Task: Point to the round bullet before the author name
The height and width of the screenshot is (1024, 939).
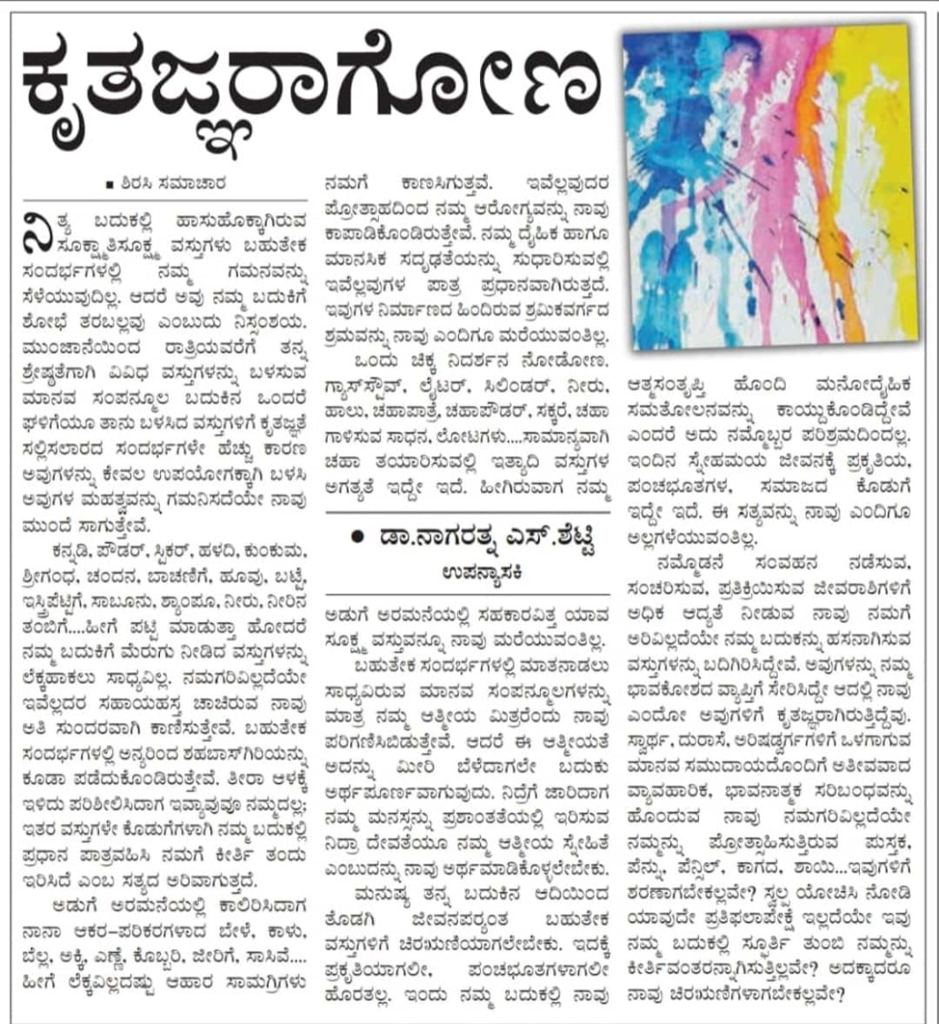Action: click(x=357, y=537)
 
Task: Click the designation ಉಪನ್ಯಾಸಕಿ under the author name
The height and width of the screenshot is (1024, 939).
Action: click(x=468, y=571)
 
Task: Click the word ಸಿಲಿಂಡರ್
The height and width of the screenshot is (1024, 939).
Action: click(x=508, y=385)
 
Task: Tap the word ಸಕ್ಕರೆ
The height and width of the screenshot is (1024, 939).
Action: click(x=534, y=410)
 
